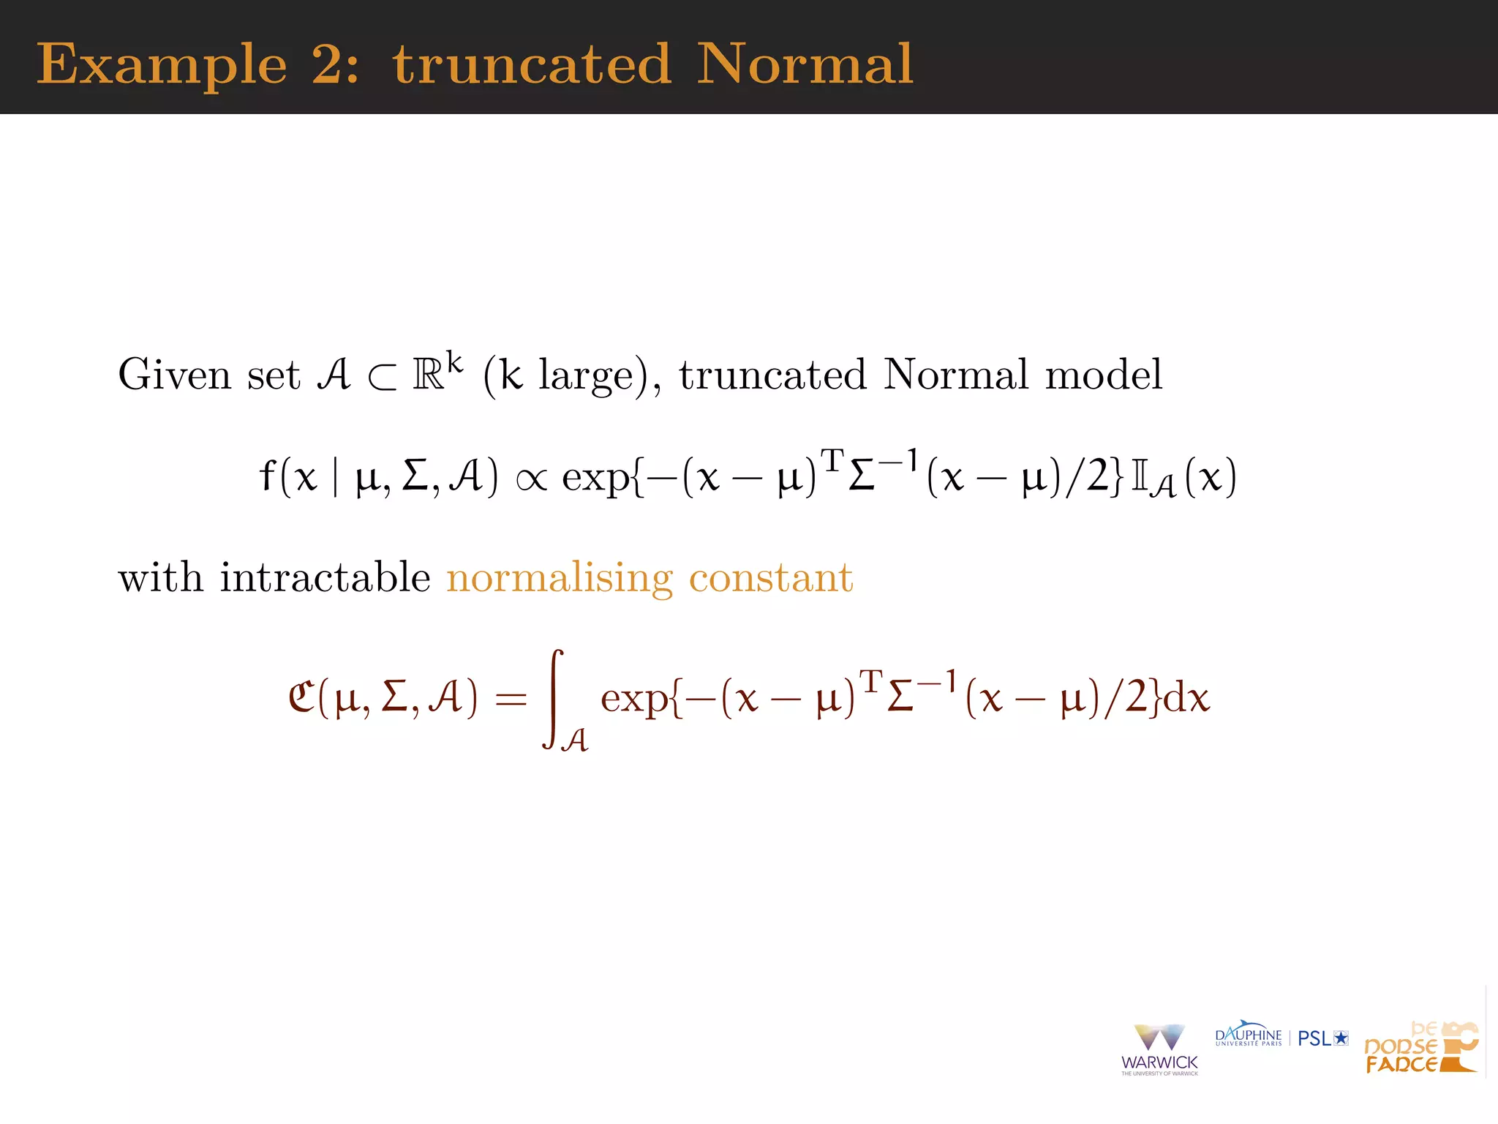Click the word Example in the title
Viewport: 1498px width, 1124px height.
click(x=162, y=65)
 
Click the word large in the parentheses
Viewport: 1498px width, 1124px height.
click(x=586, y=376)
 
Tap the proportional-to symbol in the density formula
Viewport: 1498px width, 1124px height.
click(x=531, y=480)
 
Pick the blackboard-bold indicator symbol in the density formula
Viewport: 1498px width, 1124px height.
click(x=1140, y=477)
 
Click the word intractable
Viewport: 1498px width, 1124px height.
click(x=325, y=577)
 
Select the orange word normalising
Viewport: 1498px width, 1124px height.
click(x=560, y=579)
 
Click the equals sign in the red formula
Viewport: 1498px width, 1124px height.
click(x=511, y=699)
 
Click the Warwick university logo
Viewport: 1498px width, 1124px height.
click(x=1159, y=1049)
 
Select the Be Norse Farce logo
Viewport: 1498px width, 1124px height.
click(x=1420, y=1048)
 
